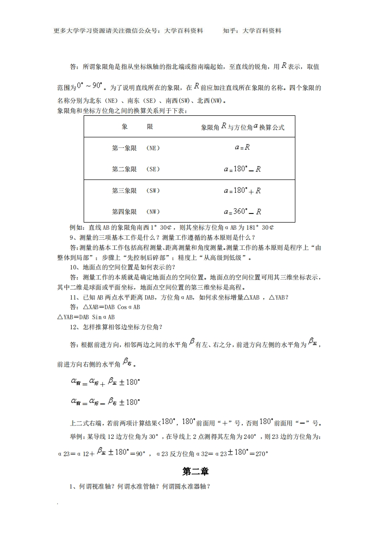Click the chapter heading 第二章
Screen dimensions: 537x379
(196, 471)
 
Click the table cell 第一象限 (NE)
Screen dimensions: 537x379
(136, 148)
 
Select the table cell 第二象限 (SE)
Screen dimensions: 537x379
(136, 169)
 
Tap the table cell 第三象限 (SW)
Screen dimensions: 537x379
(136, 191)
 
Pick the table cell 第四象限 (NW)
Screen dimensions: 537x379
(136, 212)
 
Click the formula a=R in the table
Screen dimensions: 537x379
(242, 148)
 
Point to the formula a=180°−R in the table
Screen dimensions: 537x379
(242, 169)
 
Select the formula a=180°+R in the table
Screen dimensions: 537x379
(242, 190)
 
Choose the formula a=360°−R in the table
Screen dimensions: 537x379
(242, 211)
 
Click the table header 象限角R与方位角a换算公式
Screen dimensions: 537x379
(242, 127)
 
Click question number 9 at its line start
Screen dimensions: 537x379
(72, 237)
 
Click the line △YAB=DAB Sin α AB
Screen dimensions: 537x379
(86, 317)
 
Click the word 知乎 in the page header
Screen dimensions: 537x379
(229, 31)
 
